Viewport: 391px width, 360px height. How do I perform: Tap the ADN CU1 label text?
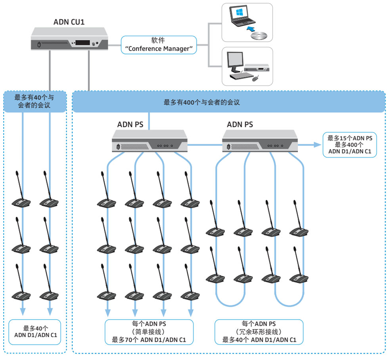click(69, 21)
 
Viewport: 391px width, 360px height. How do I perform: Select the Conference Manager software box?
click(159, 45)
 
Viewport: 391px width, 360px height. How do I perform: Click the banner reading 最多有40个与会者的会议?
click(35, 102)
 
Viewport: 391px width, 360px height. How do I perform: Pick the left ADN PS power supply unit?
click(149, 142)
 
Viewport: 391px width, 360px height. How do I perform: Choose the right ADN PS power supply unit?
click(259, 142)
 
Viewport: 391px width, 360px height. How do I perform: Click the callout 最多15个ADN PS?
click(349, 145)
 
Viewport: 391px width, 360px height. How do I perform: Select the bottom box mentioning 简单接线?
click(149, 332)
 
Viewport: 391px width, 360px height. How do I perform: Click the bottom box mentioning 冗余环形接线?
click(259, 332)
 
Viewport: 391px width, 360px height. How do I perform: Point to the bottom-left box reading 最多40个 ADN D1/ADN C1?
click(35, 332)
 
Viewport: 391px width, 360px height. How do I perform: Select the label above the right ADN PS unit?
click(240, 124)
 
